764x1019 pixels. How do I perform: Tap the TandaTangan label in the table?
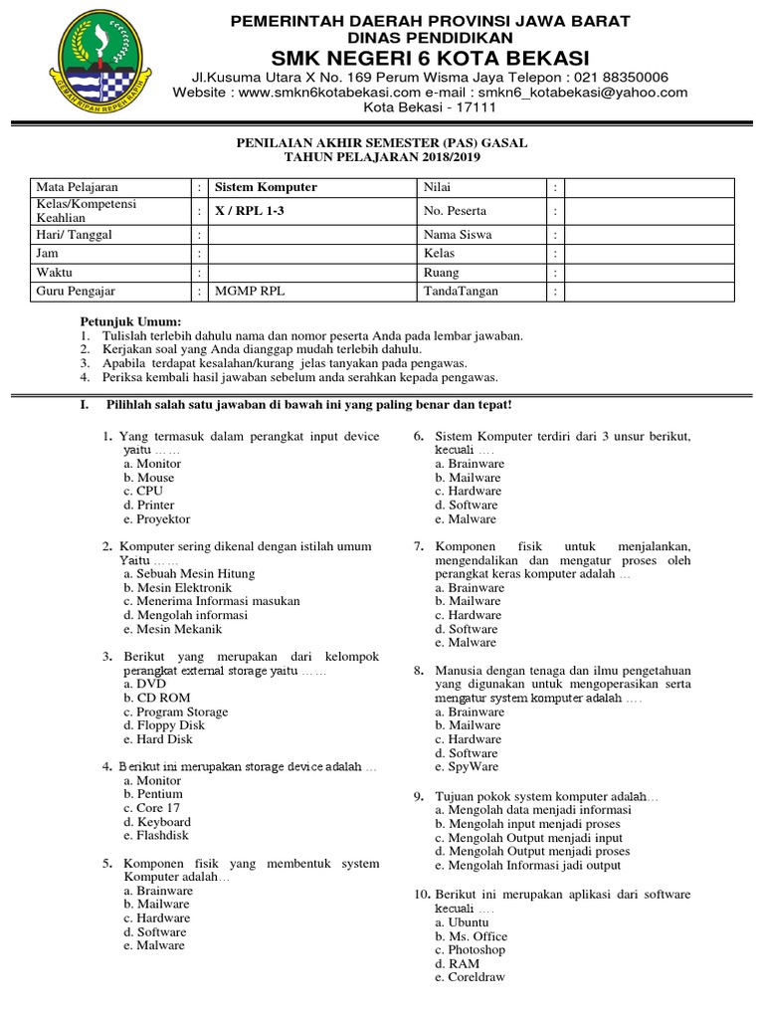(x=462, y=292)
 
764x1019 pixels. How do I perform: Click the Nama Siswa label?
(x=458, y=235)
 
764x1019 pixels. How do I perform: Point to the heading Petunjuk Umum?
(x=130, y=322)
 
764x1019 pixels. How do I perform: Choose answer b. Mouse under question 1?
(x=149, y=478)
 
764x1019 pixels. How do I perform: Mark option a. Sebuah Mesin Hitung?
(x=189, y=574)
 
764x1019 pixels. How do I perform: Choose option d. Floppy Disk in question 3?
(x=164, y=726)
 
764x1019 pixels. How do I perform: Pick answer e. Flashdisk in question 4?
(x=157, y=837)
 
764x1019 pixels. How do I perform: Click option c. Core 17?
(x=150, y=809)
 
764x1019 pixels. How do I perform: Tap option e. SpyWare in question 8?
(x=467, y=768)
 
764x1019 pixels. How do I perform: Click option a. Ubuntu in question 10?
(x=462, y=922)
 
